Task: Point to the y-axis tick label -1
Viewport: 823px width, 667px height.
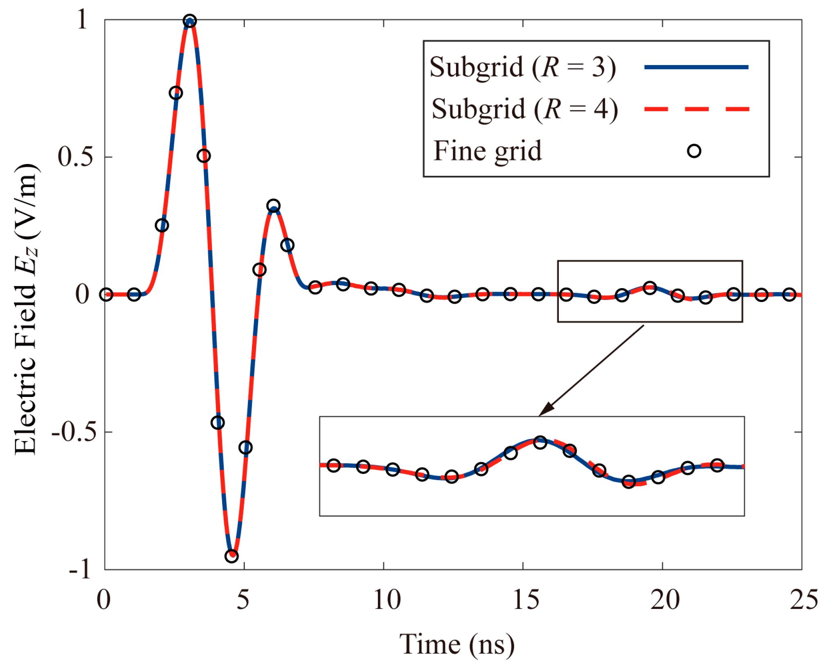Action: point(79,569)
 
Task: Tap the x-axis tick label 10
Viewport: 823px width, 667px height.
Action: point(387,600)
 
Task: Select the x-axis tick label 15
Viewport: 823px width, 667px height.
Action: point(526,600)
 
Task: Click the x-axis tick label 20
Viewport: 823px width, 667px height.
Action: point(665,600)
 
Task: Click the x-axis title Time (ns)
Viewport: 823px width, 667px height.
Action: point(457,645)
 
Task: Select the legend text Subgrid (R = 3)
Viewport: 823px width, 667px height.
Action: point(522,67)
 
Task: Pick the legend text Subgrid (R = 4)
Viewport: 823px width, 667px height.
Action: point(524,109)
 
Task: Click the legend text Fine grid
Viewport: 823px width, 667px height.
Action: point(487,151)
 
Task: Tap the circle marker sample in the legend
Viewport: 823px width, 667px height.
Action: point(694,151)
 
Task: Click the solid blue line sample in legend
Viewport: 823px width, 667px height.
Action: point(696,67)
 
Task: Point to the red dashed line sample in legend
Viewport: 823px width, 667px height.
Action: point(697,109)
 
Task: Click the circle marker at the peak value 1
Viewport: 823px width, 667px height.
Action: point(189,21)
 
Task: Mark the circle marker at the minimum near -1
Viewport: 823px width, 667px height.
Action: point(232,556)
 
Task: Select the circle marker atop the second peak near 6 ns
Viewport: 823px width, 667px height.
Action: point(274,205)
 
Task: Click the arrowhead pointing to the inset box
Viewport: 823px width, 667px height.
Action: point(546,409)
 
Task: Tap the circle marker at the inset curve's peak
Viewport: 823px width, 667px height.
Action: point(540,442)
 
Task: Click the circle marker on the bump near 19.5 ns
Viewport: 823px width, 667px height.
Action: point(650,288)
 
